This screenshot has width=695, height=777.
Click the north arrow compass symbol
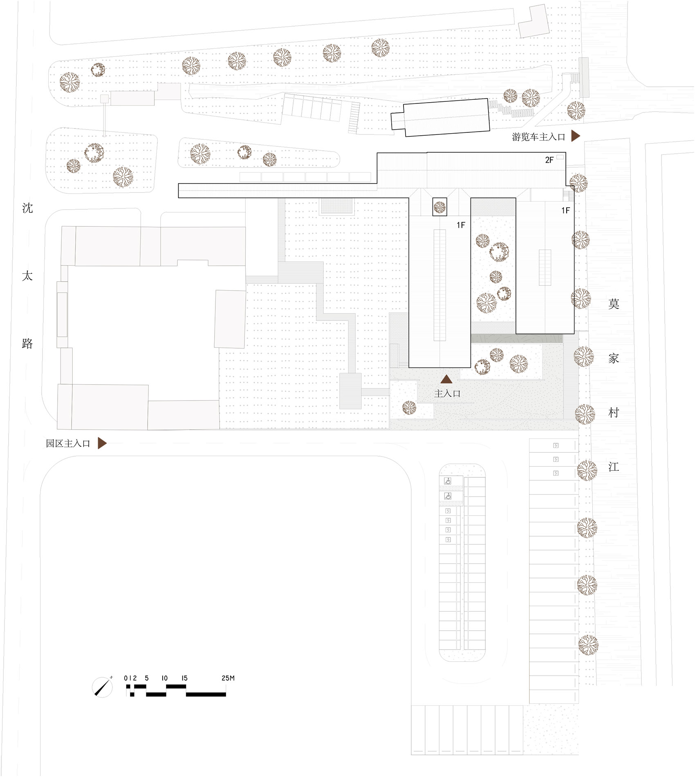[103, 687]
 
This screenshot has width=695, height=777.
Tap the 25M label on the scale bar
[228, 678]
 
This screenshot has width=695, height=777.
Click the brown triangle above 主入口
[446, 379]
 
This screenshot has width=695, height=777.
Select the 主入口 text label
[447, 394]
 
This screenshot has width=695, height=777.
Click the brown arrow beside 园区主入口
[102, 443]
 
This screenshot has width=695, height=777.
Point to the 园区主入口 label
[68, 443]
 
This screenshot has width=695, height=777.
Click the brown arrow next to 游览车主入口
[575, 136]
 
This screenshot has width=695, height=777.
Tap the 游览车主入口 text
[538, 137]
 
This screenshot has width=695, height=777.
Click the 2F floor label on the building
[549, 160]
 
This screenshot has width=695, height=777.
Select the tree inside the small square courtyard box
[439, 207]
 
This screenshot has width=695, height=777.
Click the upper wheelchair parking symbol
[448, 481]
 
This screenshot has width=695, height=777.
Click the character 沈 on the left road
[27, 208]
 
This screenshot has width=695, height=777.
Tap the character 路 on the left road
[27, 343]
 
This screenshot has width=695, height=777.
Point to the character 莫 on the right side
[614, 304]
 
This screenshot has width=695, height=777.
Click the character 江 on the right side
[614, 467]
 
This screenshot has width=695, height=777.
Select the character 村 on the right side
[614, 413]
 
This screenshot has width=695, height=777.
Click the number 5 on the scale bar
[146, 678]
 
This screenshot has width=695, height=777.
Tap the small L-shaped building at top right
[534, 24]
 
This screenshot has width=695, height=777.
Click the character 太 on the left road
[27, 276]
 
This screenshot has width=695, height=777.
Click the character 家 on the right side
[614, 358]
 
